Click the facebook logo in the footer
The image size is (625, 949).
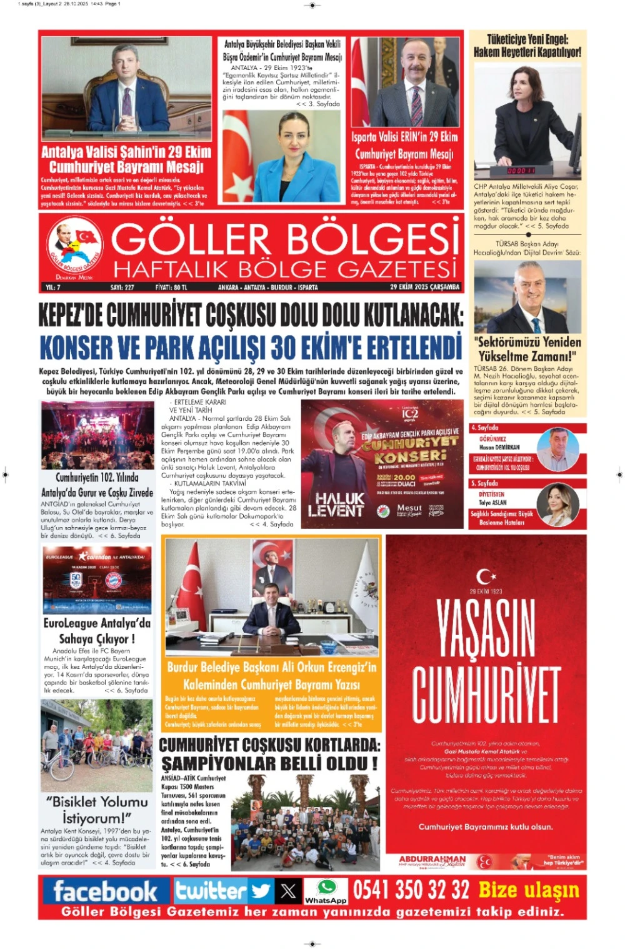pyautogui.click(x=105, y=891)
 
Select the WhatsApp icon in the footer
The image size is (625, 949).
pyautogui.click(x=326, y=888)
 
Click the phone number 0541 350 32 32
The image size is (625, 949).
pyautogui.click(x=411, y=890)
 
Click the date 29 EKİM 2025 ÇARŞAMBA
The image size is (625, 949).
pyautogui.click(x=424, y=287)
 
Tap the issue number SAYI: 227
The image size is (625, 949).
pyautogui.click(x=122, y=288)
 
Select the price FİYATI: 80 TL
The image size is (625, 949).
pyautogui.click(x=171, y=288)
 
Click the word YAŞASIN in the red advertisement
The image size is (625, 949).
pyautogui.click(x=486, y=629)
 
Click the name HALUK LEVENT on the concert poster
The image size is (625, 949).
pyautogui.click(x=336, y=505)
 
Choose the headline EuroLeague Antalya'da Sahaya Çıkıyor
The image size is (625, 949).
pyautogui.click(x=97, y=631)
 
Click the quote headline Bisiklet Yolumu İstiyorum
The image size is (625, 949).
pyautogui.click(x=97, y=810)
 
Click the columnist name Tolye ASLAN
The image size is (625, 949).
pyautogui.click(x=493, y=503)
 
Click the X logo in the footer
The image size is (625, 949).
pyautogui.click(x=288, y=890)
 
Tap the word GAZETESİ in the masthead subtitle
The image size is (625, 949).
pyautogui.click(x=397, y=269)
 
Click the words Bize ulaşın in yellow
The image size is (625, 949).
pyautogui.click(x=529, y=890)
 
